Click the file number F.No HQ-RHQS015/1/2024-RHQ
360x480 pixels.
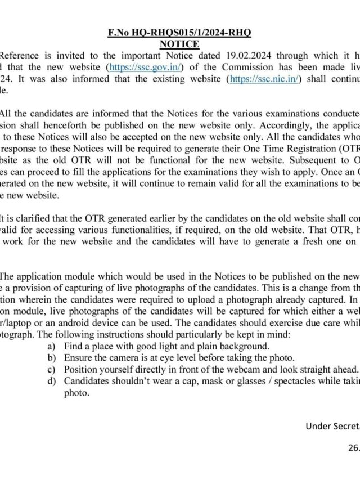point(179,33)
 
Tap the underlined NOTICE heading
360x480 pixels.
point(179,44)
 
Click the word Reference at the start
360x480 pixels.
point(21,56)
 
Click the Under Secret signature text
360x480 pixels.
point(332,425)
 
